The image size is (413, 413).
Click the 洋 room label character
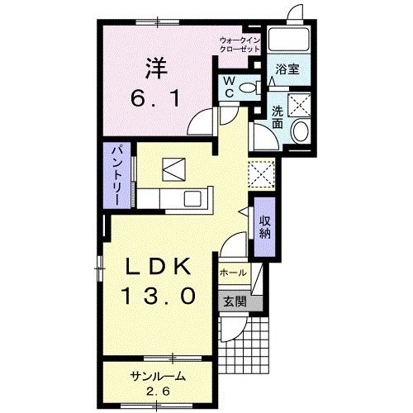(x=156, y=69)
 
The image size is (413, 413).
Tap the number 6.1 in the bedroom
(x=155, y=98)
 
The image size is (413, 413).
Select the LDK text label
(x=159, y=267)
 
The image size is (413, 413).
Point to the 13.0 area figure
(x=159, y=296)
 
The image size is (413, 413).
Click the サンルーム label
(x=158, y=377)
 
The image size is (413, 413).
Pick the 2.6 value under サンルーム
(x=158, y=392)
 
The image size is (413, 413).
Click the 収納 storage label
(x=265, y=227)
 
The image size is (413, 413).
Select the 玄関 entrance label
(x=235, y=302)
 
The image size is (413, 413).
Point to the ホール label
(x=233, y=273)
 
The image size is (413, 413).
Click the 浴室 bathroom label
(x=287, y=69)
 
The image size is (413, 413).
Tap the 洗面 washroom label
(x=278, y=117)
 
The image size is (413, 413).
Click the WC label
(x=229, y=87)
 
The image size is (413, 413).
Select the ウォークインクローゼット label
(x=240, y=45)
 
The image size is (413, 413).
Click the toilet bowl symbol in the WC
(x=249, y=88)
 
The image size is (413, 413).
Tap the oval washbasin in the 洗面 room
(x=301, y=131)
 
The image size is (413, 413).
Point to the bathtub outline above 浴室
(x=289, y=39)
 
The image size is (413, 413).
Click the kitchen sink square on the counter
(x=192, y=198)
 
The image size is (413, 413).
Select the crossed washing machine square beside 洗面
(x=299, y=105)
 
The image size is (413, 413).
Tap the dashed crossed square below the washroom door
(x=262, y=174)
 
